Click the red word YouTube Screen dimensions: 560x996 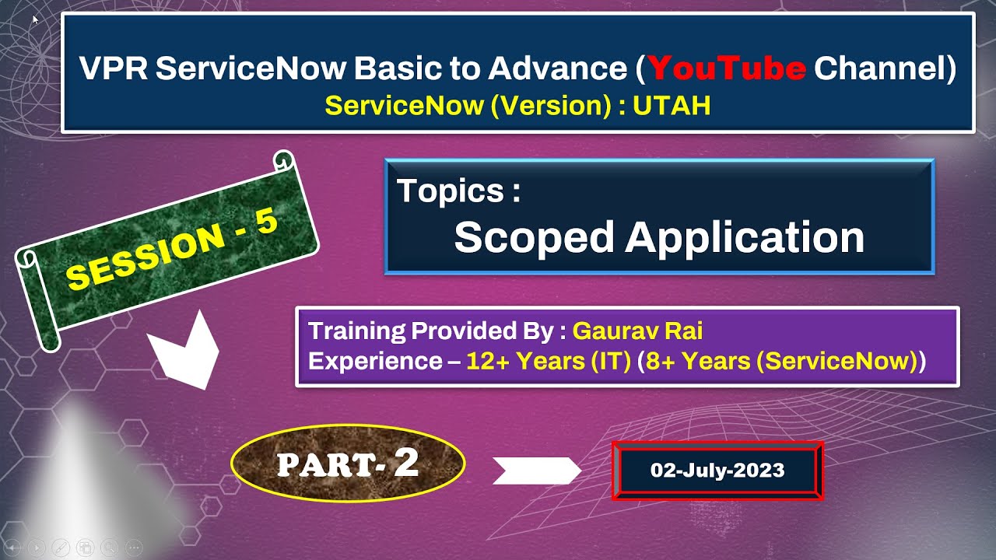click(726, 69)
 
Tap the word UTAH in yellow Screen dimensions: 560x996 click(672, 106)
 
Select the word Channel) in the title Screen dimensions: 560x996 click(885, 69)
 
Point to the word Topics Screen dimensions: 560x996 click(451, 191)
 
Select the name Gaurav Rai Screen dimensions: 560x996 click(637, 331)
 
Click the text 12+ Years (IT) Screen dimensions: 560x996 click(548, 361)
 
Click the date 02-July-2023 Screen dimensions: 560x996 click(717, 471)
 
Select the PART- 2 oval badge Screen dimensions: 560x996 click(348, 464)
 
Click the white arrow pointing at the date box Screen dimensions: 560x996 click(537, 471)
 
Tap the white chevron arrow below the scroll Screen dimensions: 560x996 click(184, 352)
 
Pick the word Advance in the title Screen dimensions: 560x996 click(556, 69)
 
